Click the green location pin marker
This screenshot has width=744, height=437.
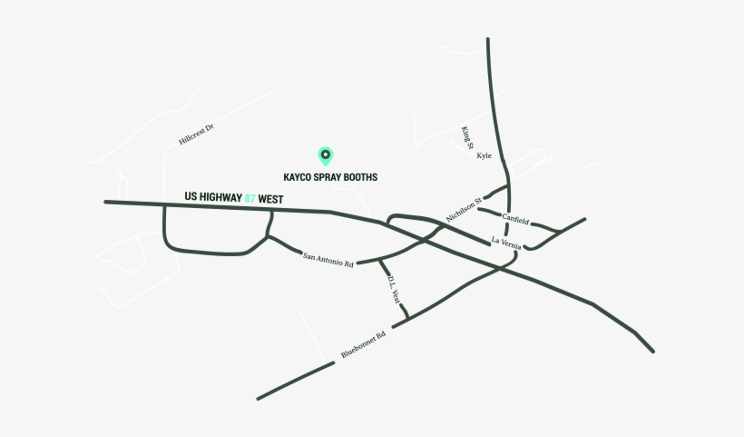point(325,155)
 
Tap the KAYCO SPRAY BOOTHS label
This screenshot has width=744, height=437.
point(330,177)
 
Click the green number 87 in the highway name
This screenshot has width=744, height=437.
point(250,197)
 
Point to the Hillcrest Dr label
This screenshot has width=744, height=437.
point(196,135)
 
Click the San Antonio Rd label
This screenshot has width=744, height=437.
point(328,260)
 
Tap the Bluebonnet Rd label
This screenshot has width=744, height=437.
point(363,344)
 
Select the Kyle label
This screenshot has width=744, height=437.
point(484,156)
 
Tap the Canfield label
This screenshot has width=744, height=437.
point(514,219)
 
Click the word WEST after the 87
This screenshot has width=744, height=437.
point(271,197)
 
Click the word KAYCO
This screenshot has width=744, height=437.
point(299,177)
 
